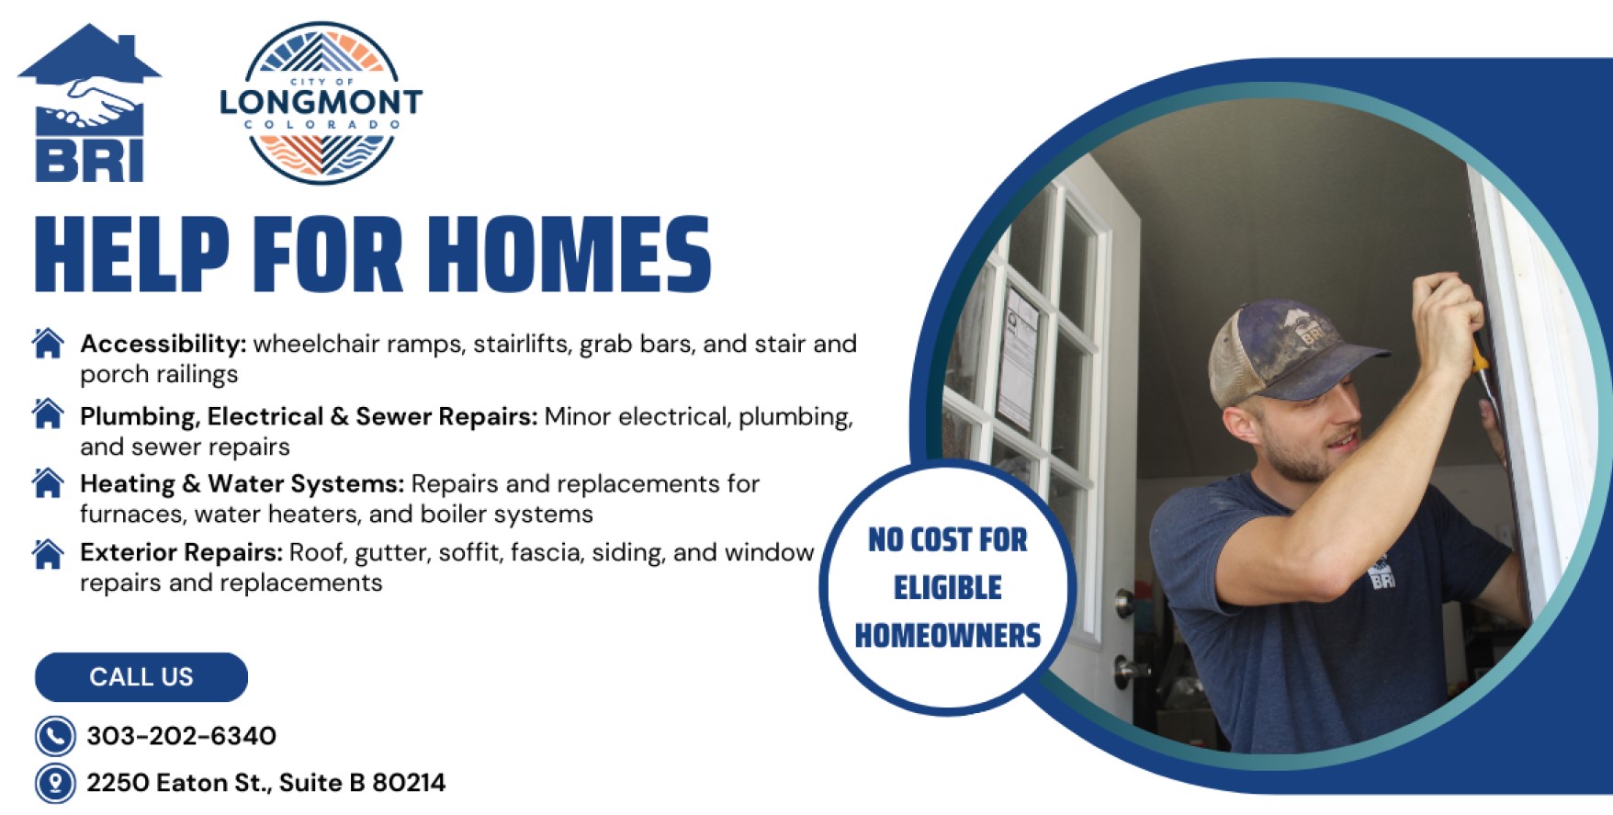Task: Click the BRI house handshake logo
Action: point(89,103)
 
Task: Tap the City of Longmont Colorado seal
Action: point(321,103)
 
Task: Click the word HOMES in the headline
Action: point(570,255)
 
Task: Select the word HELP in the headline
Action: point(131,255)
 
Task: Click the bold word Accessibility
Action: point(164,344)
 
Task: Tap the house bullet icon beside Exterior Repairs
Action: point(48,553)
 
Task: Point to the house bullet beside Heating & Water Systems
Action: point(48,482)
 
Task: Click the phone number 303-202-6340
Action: point(181,736)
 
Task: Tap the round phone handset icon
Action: point(55,736)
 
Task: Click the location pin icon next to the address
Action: point(55,784)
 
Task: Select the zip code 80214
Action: point(408,783)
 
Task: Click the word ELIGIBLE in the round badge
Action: point(948,588)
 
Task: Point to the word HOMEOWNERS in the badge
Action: point(948,636)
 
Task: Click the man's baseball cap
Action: point(1291,352)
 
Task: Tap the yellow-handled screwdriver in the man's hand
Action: point(1480,368)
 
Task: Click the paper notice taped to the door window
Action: point(1020,358)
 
